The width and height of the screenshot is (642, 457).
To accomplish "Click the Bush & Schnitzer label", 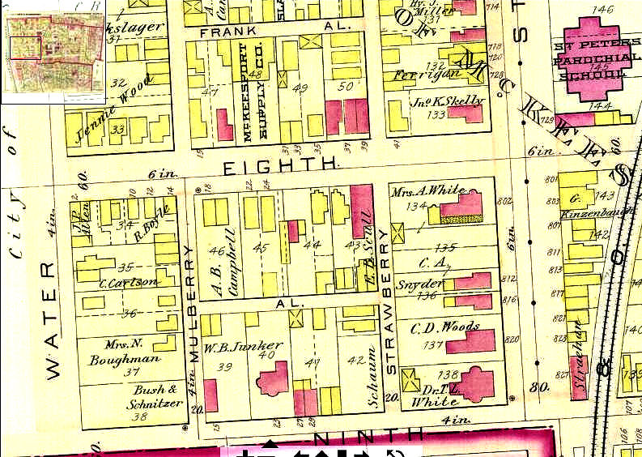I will click(150, 395).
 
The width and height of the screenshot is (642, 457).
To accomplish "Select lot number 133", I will click(436, 115).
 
